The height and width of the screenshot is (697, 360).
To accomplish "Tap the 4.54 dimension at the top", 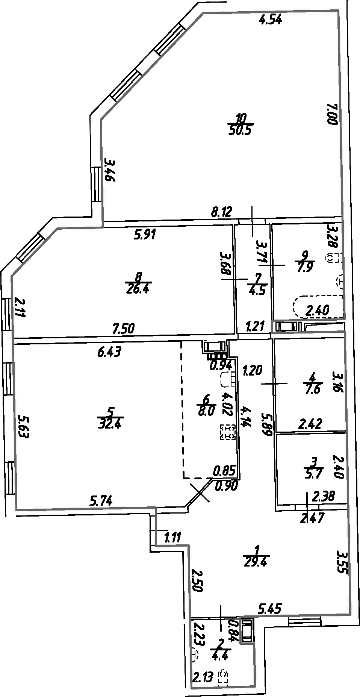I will click(271, 19).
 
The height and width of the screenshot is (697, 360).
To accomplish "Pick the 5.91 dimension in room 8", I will click(145, 235).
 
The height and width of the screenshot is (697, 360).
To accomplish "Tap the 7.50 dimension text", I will click(124, 329).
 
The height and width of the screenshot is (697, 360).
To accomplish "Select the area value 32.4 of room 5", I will click(109, 424).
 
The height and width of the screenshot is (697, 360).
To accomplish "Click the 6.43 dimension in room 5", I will click(109, 352).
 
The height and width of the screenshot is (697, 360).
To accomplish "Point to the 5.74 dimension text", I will click(101, 500).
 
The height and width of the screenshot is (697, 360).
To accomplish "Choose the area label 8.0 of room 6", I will click(206, 411).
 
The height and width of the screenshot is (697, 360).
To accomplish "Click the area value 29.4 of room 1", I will click(256, 562).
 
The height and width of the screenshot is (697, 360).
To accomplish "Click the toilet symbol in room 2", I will click(224, 676).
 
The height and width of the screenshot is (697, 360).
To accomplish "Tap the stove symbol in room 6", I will click(228, 432).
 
